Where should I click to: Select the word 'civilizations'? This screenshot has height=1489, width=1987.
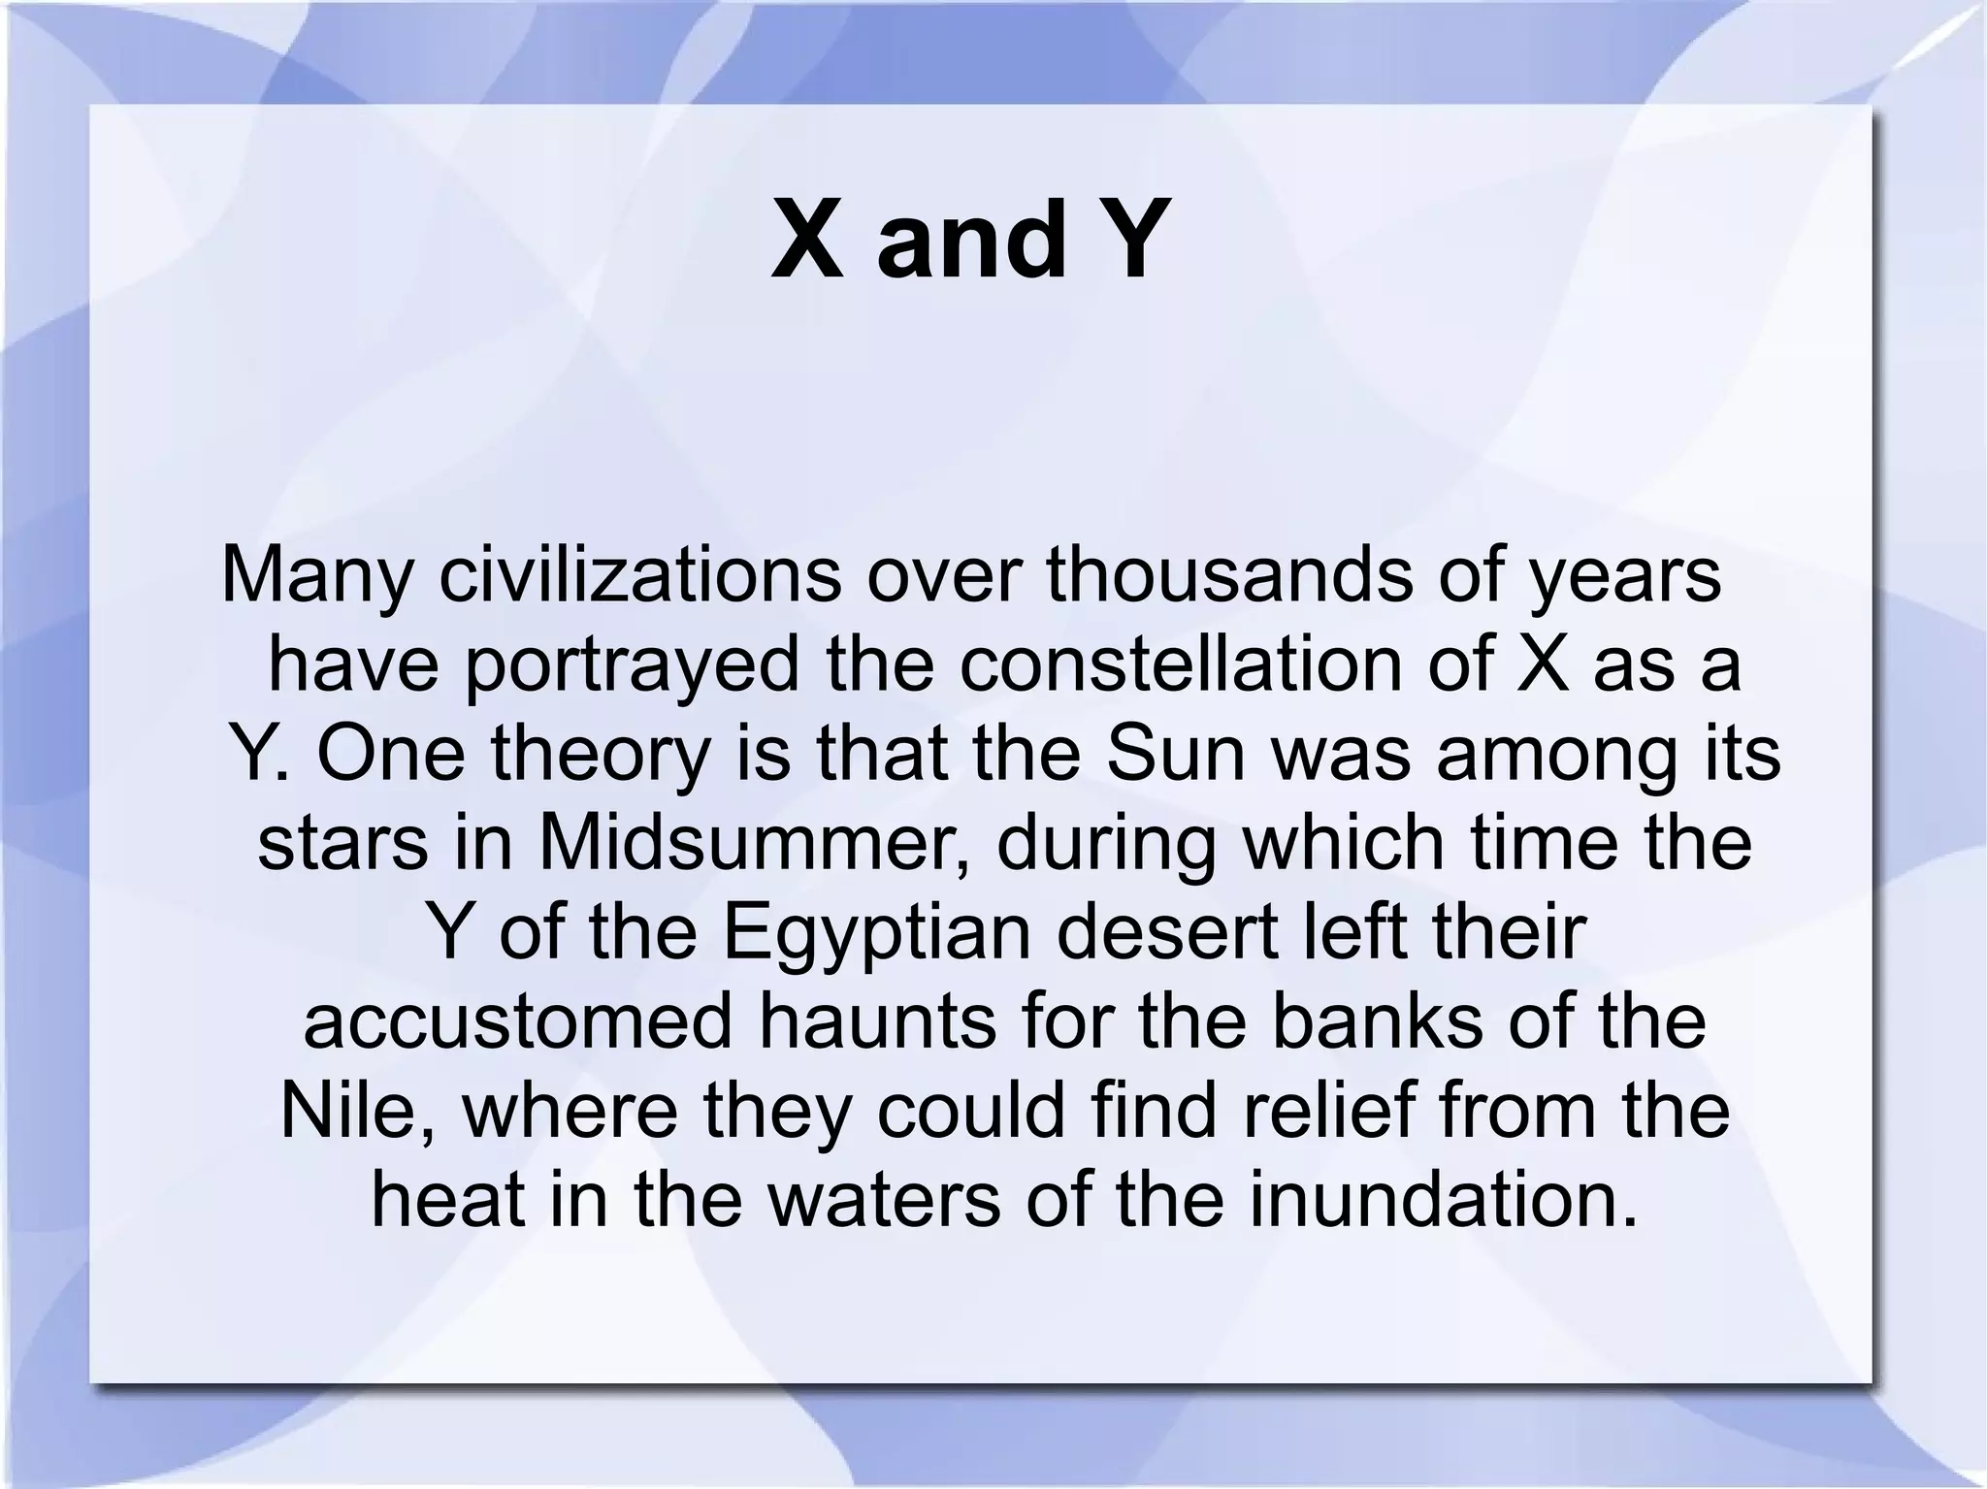639,574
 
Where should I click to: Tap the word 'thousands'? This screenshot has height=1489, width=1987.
1228,574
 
